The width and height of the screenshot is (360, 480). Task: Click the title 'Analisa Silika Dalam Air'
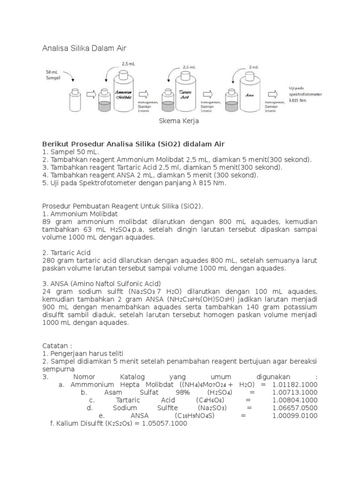tap(84, 48)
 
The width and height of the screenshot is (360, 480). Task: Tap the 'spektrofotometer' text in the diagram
tap(305, 94)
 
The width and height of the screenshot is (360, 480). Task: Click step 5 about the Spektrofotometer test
tap(134, 183)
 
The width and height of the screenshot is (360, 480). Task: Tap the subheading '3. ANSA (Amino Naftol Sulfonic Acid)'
tap(101, 283)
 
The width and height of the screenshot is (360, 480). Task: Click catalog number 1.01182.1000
tap(294, 384)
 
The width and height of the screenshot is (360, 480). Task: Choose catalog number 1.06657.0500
tap(294, 408)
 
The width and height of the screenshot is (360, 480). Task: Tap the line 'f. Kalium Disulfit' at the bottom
tap(118, 423)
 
